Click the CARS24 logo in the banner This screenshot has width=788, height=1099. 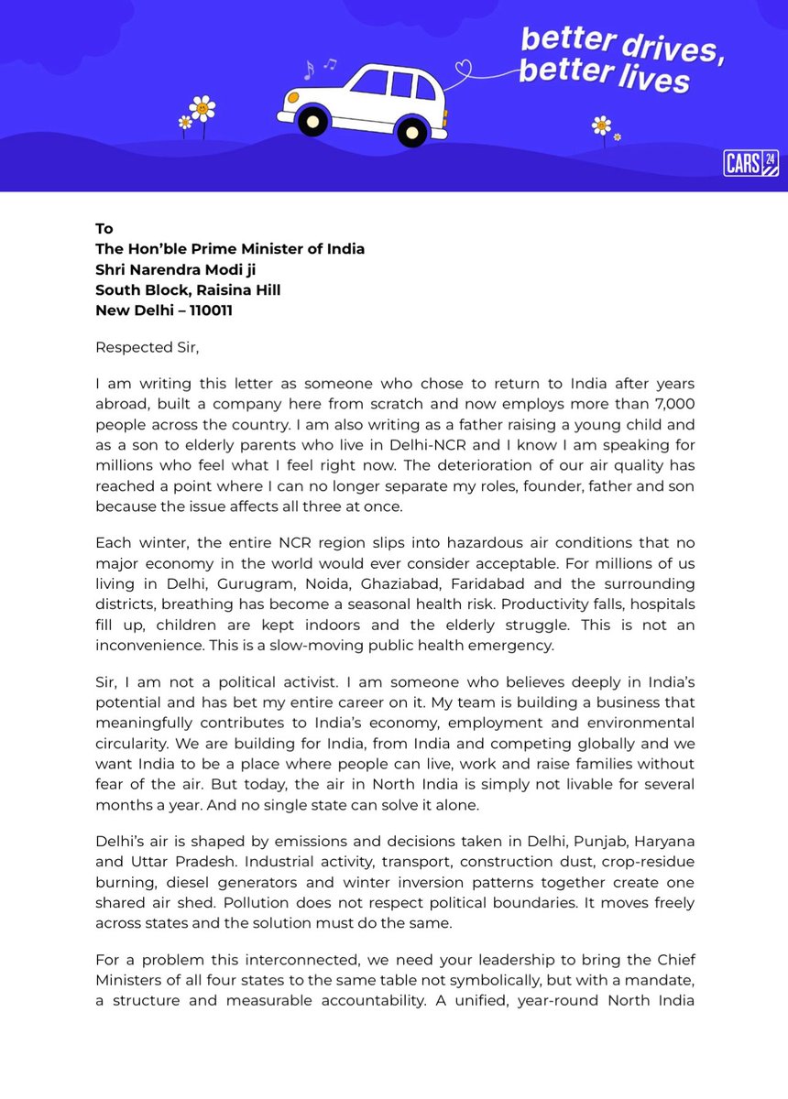750,161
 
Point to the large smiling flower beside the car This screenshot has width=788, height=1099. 202,108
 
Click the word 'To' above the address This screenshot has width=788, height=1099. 104,228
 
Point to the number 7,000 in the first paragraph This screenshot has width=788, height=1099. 673,405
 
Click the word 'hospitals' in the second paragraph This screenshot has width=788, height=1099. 657,604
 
